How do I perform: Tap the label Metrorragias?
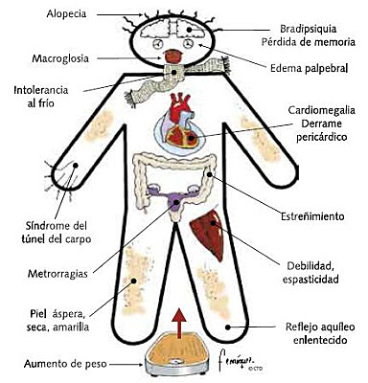point(57,274)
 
